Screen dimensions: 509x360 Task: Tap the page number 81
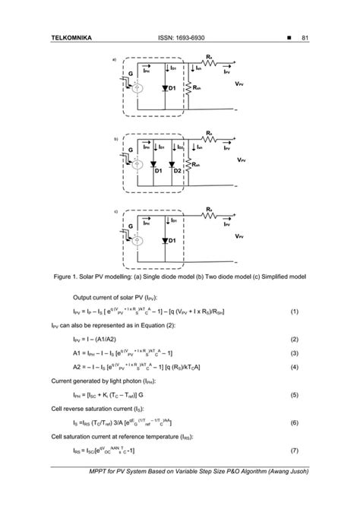[304, 38]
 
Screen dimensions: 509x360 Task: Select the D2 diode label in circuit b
[178, 171]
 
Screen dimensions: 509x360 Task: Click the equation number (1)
[294, 311]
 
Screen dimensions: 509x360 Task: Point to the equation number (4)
[294, 367]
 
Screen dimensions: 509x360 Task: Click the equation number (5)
[294, 395]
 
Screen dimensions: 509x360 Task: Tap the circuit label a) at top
[115, 59]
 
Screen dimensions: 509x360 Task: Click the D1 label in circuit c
[172, 241]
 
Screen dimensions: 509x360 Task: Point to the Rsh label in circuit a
[197, 88]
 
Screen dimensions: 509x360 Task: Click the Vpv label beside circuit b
[240, 160]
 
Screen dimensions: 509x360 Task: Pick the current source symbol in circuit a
[137, 89]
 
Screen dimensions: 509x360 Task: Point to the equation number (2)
[294, 339]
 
